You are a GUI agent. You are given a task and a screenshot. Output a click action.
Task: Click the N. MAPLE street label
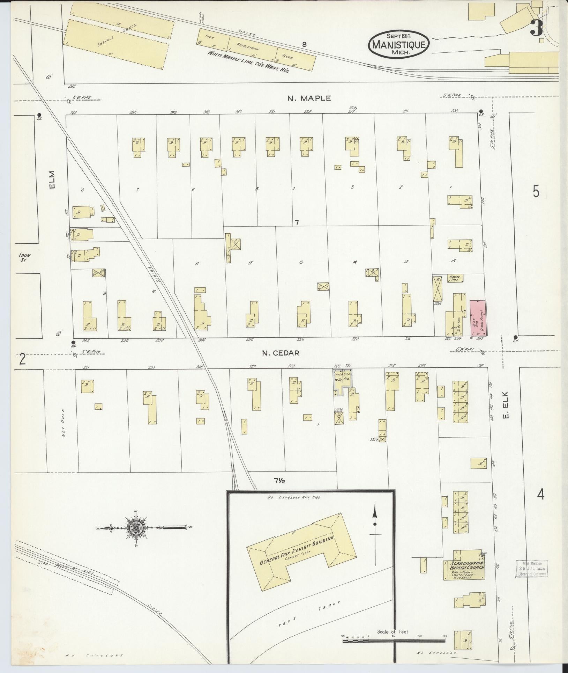pos(309,98)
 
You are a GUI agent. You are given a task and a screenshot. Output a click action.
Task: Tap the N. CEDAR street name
pos(281,353)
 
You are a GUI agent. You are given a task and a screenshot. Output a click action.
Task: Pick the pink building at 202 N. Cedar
pos(478,317)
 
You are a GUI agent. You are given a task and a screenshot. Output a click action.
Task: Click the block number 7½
pos(279,481)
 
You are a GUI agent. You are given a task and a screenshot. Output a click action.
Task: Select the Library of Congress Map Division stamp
pos(531,570)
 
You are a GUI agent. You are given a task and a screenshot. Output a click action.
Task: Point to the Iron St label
pos(25,257)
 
